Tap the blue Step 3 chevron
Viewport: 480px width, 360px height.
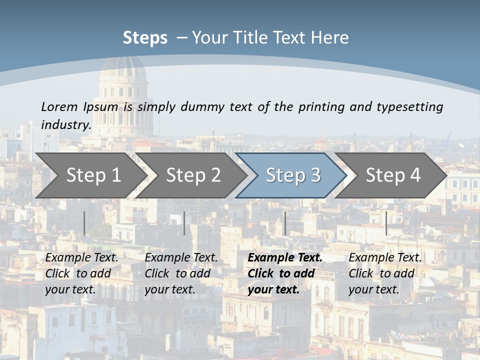point(292,175)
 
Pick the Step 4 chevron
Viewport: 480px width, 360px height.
point(392,175)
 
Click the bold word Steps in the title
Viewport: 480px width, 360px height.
point(145,38)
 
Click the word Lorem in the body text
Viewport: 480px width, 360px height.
point(59,106)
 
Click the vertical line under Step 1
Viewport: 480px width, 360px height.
point(84,223)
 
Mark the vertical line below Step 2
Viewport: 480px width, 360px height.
point(184,223)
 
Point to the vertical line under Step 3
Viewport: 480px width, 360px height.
point(285,223)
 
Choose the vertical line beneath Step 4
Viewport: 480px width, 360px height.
point(386,223)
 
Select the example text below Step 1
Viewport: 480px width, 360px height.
point(81,273)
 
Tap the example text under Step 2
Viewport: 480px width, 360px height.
point(181,273)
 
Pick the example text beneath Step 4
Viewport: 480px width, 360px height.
point(385,273)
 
